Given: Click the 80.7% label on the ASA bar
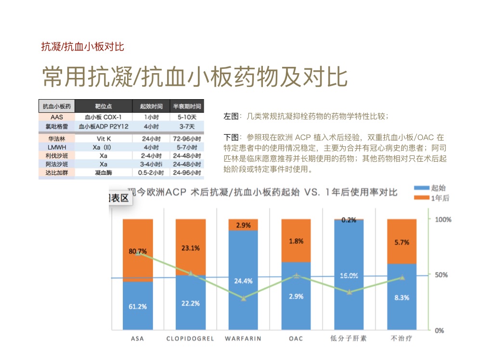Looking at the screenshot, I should (x=138, y=251).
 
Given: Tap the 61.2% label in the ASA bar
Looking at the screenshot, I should (x=138, y=306).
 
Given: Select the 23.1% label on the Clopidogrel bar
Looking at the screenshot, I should (x=191, y=248).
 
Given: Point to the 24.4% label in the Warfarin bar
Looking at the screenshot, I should (x=243, y=281).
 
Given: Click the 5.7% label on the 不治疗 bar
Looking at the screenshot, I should (x=402, y=243).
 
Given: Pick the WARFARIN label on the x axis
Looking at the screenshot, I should (x=243, y=338).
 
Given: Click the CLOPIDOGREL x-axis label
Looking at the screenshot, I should (x=190, y=338).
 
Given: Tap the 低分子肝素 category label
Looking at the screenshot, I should (x=349, y=338).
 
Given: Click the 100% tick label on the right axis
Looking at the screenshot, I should (x=442, y=219).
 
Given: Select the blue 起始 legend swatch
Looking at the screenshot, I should (x=421, y=188).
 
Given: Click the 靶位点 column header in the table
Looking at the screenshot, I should (x=104, y=106).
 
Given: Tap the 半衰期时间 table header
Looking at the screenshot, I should (x=186, y=106).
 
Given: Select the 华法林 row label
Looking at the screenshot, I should (x=57, y=138).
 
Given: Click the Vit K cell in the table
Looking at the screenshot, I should (x=104, y=138).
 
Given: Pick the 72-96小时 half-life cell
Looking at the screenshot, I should (x=186, y=138).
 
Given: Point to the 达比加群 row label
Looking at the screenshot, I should (x=57, y=172).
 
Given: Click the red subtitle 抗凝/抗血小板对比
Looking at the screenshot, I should (x=83, y=47).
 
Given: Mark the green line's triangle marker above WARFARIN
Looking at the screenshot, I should (x=244, y=298).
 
